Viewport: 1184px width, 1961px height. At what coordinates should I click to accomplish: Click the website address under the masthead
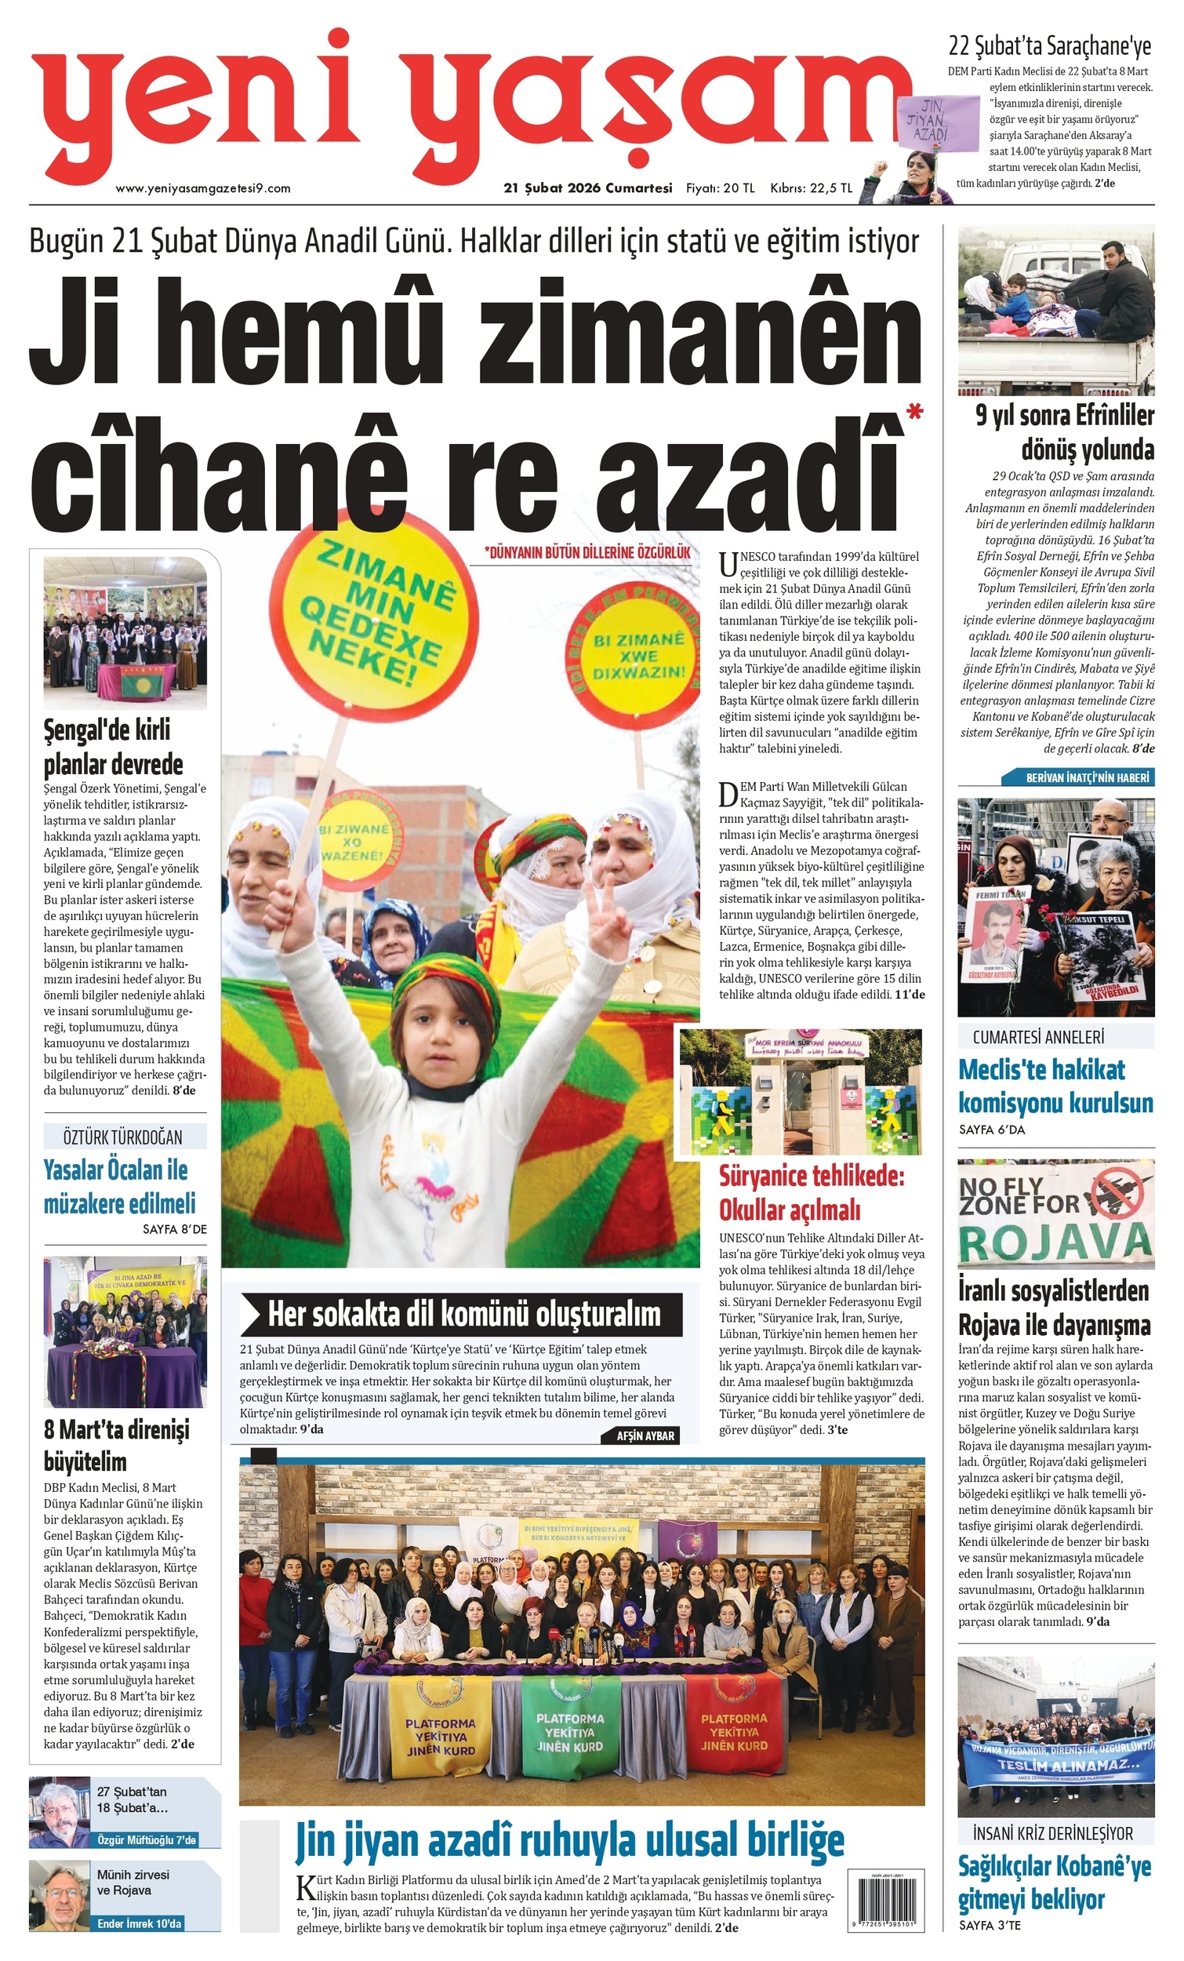click(x=203, y=188)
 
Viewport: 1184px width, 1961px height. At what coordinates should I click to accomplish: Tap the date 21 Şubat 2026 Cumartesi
click(x=587, y=187)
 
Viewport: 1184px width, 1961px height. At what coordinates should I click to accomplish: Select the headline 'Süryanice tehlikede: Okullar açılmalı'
click(x=811, y=1192)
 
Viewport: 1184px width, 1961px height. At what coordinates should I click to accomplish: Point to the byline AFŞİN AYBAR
click(x=645, y=1435)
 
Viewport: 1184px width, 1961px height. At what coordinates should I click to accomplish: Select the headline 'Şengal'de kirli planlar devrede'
click(x=113, y=748)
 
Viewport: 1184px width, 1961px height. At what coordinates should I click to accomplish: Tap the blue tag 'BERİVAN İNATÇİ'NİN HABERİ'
click(x=1077, y=777)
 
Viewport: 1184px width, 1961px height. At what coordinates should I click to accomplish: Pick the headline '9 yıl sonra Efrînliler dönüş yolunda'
click(x=1065, y=432)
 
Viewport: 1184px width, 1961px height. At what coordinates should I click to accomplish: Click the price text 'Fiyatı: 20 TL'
click(x=720, y=187)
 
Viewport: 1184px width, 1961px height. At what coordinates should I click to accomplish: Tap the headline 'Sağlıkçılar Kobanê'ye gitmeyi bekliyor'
click(x=1054, y=1882)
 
